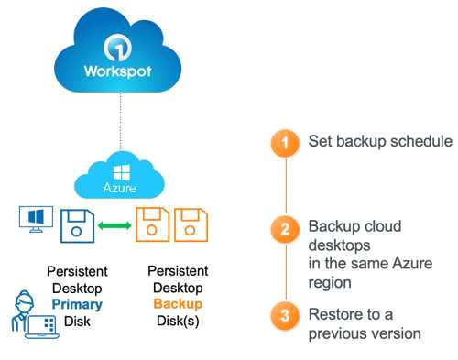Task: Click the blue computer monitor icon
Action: coord(33,221)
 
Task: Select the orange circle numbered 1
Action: coord(288,144)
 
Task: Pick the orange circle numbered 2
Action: coord(288,229)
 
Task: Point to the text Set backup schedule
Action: coord(380,143)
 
